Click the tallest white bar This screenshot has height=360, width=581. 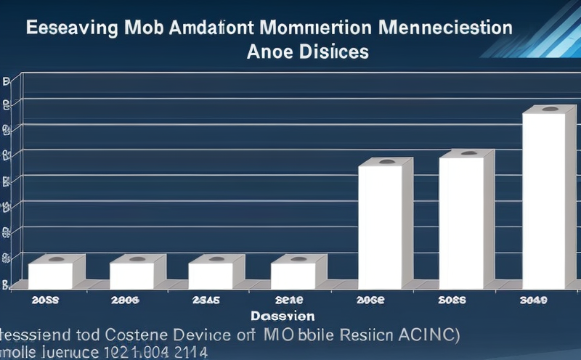544,200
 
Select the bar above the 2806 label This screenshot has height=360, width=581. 131,275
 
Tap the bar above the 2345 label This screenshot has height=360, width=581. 211,275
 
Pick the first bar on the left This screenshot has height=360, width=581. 50,275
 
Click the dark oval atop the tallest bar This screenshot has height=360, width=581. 550,109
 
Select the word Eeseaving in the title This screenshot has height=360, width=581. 71,30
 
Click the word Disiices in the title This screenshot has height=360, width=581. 334,52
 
